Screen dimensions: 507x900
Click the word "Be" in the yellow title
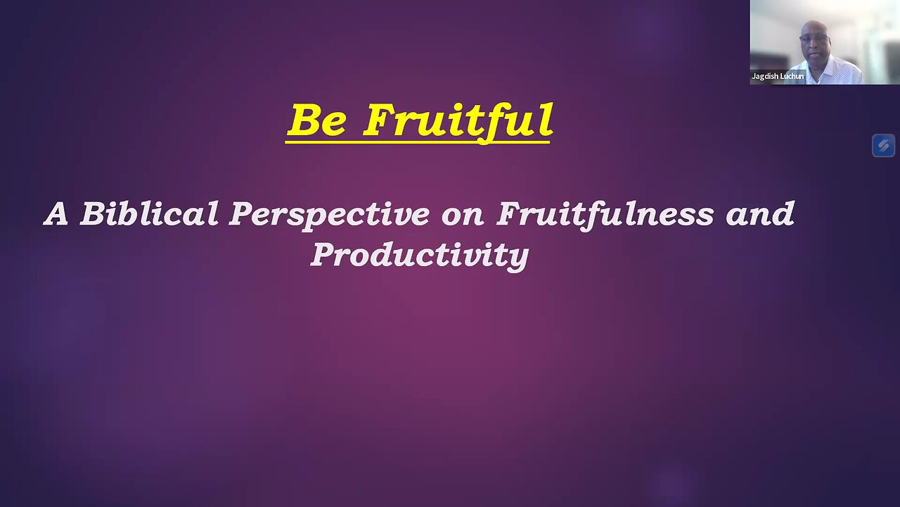317,120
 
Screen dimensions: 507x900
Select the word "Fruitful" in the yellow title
458,121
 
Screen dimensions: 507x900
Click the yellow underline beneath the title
418,142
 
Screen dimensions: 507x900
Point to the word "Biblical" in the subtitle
149,214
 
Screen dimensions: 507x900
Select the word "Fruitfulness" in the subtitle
605,214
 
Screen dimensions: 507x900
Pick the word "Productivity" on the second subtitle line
420,255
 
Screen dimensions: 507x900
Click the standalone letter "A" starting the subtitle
56,214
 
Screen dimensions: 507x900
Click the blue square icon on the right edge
883,146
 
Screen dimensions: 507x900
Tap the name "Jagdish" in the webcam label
765,76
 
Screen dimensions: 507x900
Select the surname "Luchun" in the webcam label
792,76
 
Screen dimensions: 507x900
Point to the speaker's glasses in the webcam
814,37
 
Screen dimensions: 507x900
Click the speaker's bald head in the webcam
815,27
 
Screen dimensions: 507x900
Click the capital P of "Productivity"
323,254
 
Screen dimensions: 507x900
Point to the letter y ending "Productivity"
520,258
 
